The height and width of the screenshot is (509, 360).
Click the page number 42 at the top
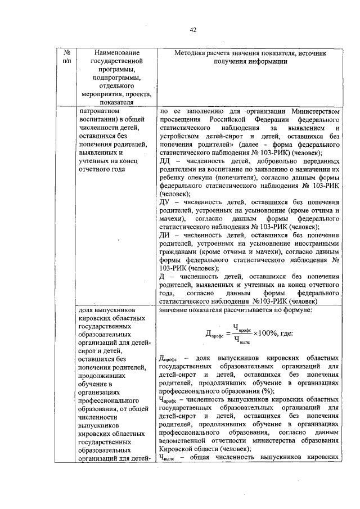pos(193,30)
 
